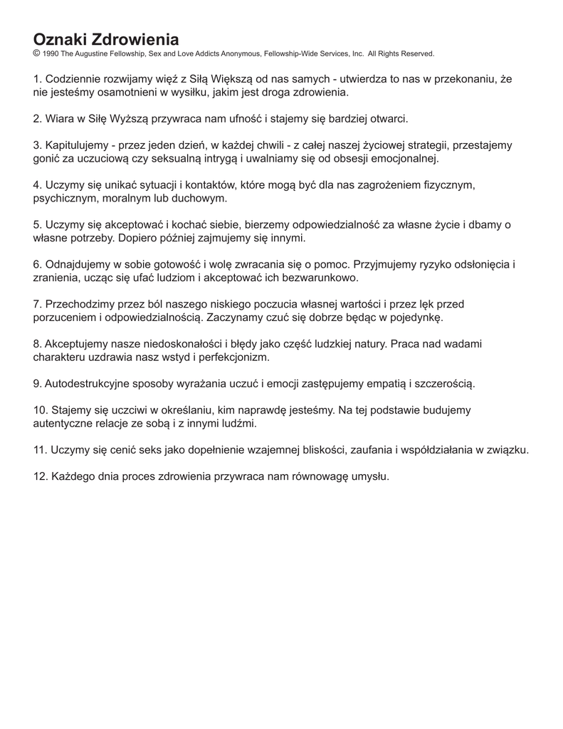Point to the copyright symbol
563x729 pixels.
[x=36, y=53]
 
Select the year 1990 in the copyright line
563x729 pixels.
[x=51, y=53]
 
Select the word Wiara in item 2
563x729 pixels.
[x=60, y=118]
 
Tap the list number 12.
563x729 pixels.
[x=40, y=476]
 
